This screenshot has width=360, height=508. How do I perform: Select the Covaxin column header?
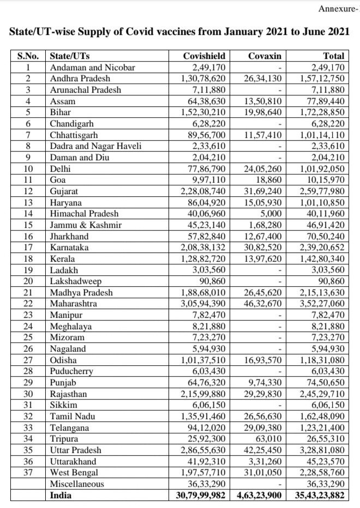point(265,56)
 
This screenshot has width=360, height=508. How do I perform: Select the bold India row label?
point(60,495)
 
